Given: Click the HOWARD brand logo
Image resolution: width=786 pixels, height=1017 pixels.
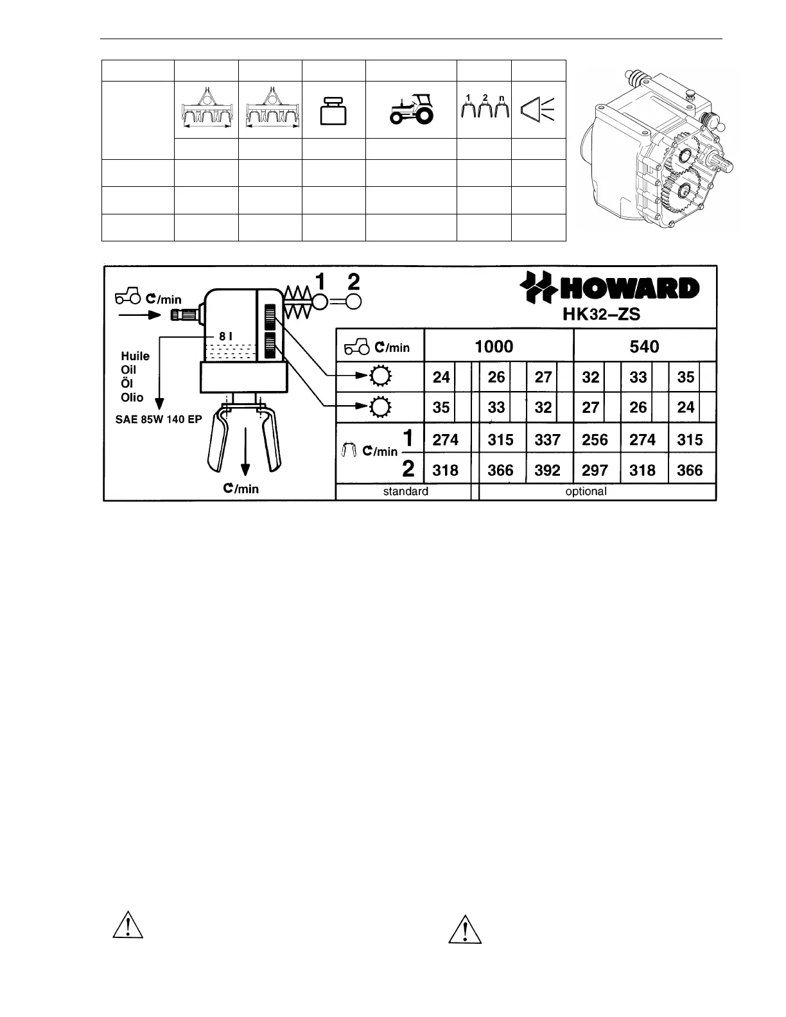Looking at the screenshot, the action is click(609, 288).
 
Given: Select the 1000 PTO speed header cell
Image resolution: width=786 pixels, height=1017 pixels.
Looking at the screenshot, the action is click(494, 347).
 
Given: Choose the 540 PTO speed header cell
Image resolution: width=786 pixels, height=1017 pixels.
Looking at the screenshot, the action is click(644, 347).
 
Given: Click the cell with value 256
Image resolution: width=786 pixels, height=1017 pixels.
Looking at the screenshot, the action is click(595, 440).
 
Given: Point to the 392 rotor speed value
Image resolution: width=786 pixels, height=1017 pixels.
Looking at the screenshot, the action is click(547, 471).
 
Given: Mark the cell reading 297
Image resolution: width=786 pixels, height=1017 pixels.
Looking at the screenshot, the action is click(595, 471).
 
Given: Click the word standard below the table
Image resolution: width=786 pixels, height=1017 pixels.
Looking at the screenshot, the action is click(405, 492).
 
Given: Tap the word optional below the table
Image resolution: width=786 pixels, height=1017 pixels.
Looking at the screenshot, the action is click(586, 492).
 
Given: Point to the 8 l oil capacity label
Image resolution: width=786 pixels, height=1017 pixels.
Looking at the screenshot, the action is click(225, 336).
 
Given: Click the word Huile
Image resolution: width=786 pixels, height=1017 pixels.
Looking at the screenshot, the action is click(135, 356).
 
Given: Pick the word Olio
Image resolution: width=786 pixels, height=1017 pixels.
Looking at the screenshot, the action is click(132, 397).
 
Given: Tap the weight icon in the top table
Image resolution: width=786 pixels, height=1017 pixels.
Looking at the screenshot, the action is click(334, 111).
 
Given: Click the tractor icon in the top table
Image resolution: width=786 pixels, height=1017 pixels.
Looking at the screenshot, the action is click(412, 109).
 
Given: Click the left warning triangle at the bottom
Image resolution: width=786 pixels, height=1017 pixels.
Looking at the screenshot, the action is click(127, 925).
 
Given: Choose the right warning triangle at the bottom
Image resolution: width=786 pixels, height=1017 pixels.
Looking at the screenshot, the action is click(464, 929).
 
